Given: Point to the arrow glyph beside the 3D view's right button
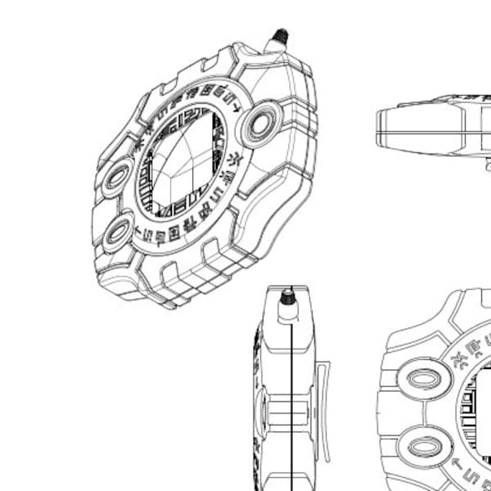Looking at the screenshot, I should (x=238, y=107).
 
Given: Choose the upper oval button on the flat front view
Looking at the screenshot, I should (x=424, y=382).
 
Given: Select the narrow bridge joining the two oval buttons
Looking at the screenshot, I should (x=422, y=415).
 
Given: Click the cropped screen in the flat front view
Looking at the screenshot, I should (x=479, y=413).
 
